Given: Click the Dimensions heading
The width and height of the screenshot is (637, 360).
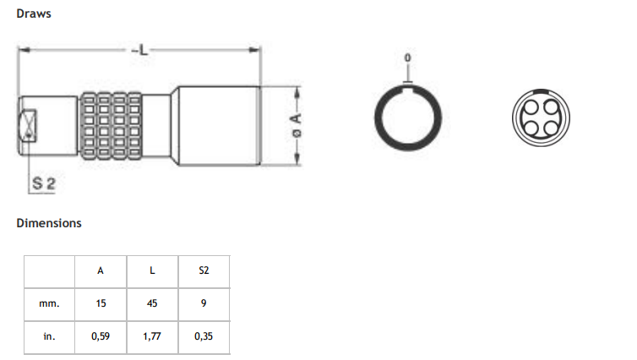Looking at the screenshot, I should [x=49, y=223].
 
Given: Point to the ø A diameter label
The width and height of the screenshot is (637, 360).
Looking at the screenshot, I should [x=296, y=127].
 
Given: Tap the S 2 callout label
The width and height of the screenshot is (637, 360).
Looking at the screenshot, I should [x=44, y=183].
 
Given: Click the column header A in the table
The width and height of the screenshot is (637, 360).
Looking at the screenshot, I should [x=101, y=271].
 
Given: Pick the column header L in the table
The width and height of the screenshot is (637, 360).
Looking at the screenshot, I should [x=152, y=271].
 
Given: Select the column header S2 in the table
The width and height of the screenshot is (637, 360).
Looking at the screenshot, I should [x=203, y=271].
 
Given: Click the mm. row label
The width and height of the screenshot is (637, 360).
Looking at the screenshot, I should [x=50, y=302].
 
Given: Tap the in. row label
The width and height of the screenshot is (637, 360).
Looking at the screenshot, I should [x=50, y=335].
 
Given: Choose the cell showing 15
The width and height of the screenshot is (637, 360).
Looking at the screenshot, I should [x=101, y=302].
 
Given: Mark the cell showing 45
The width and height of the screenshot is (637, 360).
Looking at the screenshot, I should [x=152, y=302].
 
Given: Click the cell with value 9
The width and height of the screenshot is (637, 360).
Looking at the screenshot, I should [x=203, y=302].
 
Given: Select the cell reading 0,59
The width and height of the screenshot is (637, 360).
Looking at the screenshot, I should [x=101, y=335].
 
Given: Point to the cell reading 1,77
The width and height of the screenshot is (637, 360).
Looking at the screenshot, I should [x=152, y=335].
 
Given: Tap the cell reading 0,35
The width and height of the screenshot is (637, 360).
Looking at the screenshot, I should [x=203, y=335].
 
